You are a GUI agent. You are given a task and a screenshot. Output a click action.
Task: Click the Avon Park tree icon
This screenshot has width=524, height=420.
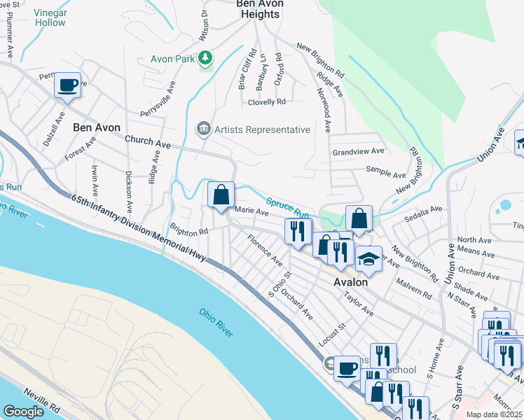click(x=205, y=57)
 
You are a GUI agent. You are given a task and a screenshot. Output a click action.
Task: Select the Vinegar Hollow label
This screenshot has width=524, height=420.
click(x=50, y=17)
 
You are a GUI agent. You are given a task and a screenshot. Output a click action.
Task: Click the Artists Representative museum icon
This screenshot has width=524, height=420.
click(x=203, y=129)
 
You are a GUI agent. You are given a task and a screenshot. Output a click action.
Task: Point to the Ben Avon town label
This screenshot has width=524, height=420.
click(x=97, y=128)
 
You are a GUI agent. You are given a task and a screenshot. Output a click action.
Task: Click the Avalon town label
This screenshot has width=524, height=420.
click(x=350, y=282)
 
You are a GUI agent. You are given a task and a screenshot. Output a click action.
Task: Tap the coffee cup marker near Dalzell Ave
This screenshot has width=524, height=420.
click(x=68, y=86)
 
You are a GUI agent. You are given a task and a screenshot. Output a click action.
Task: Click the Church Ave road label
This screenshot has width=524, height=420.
click(x=148, y=141)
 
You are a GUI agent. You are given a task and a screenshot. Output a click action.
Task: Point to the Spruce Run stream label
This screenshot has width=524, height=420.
click(x=287, y=207)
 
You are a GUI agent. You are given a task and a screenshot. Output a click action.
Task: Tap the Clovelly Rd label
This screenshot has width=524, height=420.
click(x=267, y=101)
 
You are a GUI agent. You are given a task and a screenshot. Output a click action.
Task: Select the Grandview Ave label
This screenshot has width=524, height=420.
click(x=358, y=151)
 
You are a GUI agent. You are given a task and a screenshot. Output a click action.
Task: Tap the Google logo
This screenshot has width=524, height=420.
click(x=23, y=412)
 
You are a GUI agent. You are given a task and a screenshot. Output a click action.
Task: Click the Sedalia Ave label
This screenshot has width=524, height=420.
click(x=427, y=209)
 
